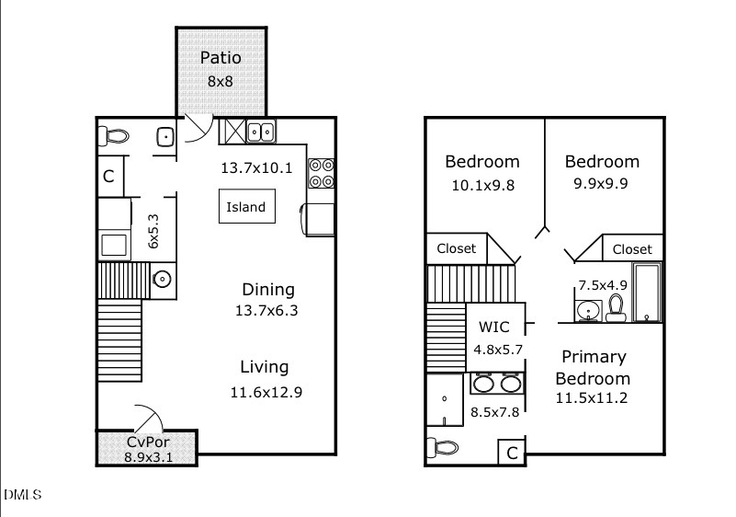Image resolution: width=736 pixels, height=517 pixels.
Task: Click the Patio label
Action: pos(221,59)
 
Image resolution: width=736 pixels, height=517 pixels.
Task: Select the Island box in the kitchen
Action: pos(245,207)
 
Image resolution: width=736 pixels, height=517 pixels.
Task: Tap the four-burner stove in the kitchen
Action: pos(322,173)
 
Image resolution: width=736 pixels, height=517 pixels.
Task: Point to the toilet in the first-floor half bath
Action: pos(115,137)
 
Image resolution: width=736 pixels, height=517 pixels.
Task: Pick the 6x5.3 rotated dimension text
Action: pos(153,232)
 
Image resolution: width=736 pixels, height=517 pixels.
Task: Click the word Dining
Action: pos(268,289)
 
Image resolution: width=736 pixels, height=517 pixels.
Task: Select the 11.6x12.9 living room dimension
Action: pos(266,392)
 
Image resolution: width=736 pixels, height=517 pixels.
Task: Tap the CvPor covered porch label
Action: pos(147,442)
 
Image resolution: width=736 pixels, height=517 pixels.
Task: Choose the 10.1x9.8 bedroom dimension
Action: pos(482,184)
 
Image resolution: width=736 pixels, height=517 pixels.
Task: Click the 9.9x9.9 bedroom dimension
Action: pos(601,183)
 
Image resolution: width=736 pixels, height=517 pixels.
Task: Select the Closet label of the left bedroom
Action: pos(457,248)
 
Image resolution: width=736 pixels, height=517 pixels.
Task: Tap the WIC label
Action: pos(493,327)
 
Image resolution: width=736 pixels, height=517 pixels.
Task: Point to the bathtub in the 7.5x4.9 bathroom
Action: pos(647,293)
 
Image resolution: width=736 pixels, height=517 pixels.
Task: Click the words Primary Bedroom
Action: pos(593,367)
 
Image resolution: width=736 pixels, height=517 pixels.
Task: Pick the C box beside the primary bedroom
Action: pos(512,453)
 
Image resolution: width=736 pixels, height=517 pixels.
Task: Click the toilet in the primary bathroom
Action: pos(444,448)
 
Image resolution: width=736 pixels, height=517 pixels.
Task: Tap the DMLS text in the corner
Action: pos(22,495)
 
